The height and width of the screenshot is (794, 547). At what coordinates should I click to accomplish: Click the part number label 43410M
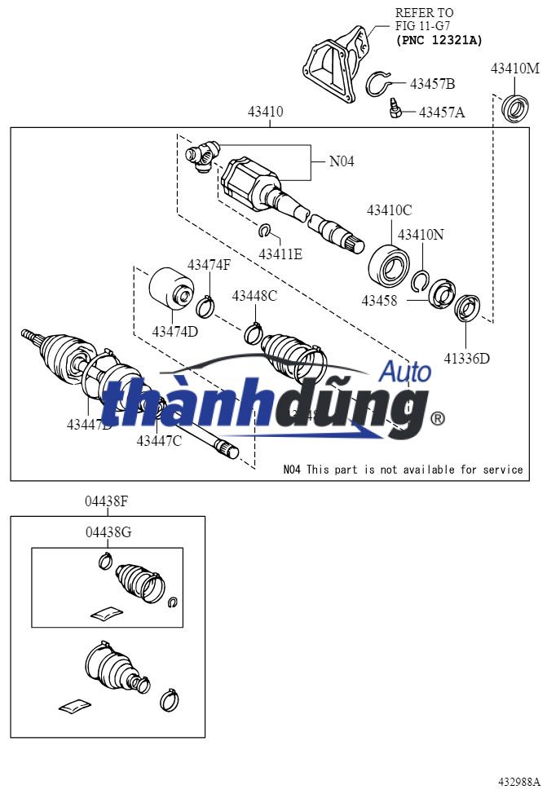[514, 68]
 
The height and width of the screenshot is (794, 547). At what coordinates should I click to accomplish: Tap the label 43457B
[432, 84]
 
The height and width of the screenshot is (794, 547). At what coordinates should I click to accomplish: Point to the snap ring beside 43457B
[379, 84]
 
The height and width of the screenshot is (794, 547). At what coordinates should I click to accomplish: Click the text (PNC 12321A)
[439, 40]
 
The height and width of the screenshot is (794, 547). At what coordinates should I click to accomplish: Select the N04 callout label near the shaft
[342, 161]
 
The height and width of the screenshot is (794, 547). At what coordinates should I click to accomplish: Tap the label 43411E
[280, 254]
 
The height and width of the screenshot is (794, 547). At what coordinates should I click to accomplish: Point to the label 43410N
[421, 235]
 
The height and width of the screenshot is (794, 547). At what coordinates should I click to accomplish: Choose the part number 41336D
[467, 357]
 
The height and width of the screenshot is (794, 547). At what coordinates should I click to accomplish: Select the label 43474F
[210, 265]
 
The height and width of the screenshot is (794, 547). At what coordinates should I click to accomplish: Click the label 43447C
[159, 441]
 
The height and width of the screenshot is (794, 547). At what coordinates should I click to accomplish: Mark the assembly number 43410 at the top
[266, 112]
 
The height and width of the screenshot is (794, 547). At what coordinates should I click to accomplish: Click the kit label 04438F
[107, 501]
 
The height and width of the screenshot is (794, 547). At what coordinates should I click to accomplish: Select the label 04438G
[108, 532]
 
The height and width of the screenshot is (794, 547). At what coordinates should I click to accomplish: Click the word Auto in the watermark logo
[406, 373]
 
